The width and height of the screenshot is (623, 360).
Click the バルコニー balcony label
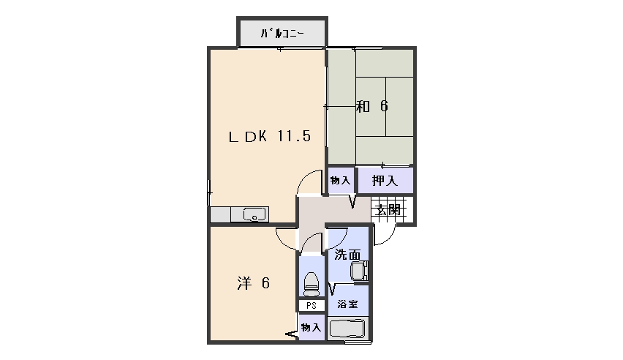point(282,34)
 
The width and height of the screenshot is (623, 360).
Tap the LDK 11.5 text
point(270,136)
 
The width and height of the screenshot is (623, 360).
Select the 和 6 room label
point(372,106)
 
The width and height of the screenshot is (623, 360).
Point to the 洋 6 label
point(254,283)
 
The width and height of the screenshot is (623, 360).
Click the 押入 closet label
point(385,181)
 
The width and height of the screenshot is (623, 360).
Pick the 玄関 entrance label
point(388,209)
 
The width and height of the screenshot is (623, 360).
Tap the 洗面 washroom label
point(347,255)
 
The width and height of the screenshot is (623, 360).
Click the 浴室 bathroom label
point(347,304)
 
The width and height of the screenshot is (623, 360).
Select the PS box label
point(311,306)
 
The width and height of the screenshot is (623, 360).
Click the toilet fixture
point(311,284)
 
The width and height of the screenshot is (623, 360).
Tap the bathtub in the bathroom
point(347,329)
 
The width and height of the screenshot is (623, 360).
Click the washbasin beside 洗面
point(359,271)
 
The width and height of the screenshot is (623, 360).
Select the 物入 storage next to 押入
point(340,181)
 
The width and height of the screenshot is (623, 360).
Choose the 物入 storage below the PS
point(311,327)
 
